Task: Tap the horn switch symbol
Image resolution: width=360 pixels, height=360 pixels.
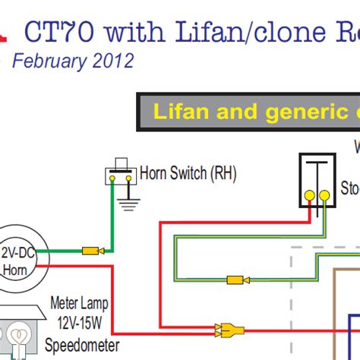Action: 119,172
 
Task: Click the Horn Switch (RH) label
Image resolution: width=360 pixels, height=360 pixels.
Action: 188,173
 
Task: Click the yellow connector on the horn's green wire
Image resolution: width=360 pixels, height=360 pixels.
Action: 92,250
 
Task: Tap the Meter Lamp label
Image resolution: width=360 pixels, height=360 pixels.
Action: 77,302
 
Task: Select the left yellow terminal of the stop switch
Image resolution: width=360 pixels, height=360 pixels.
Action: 309,195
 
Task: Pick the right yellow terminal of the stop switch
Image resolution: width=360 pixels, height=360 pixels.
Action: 324,195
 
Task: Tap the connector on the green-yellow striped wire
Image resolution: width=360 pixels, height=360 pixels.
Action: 236,279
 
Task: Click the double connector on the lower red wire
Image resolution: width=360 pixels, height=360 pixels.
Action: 229,330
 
